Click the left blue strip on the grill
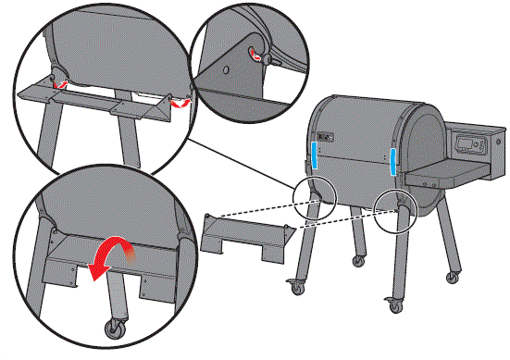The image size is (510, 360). (315, 155)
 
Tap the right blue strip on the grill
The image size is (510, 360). (393, 160)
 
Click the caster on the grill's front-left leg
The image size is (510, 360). (297, 285)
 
